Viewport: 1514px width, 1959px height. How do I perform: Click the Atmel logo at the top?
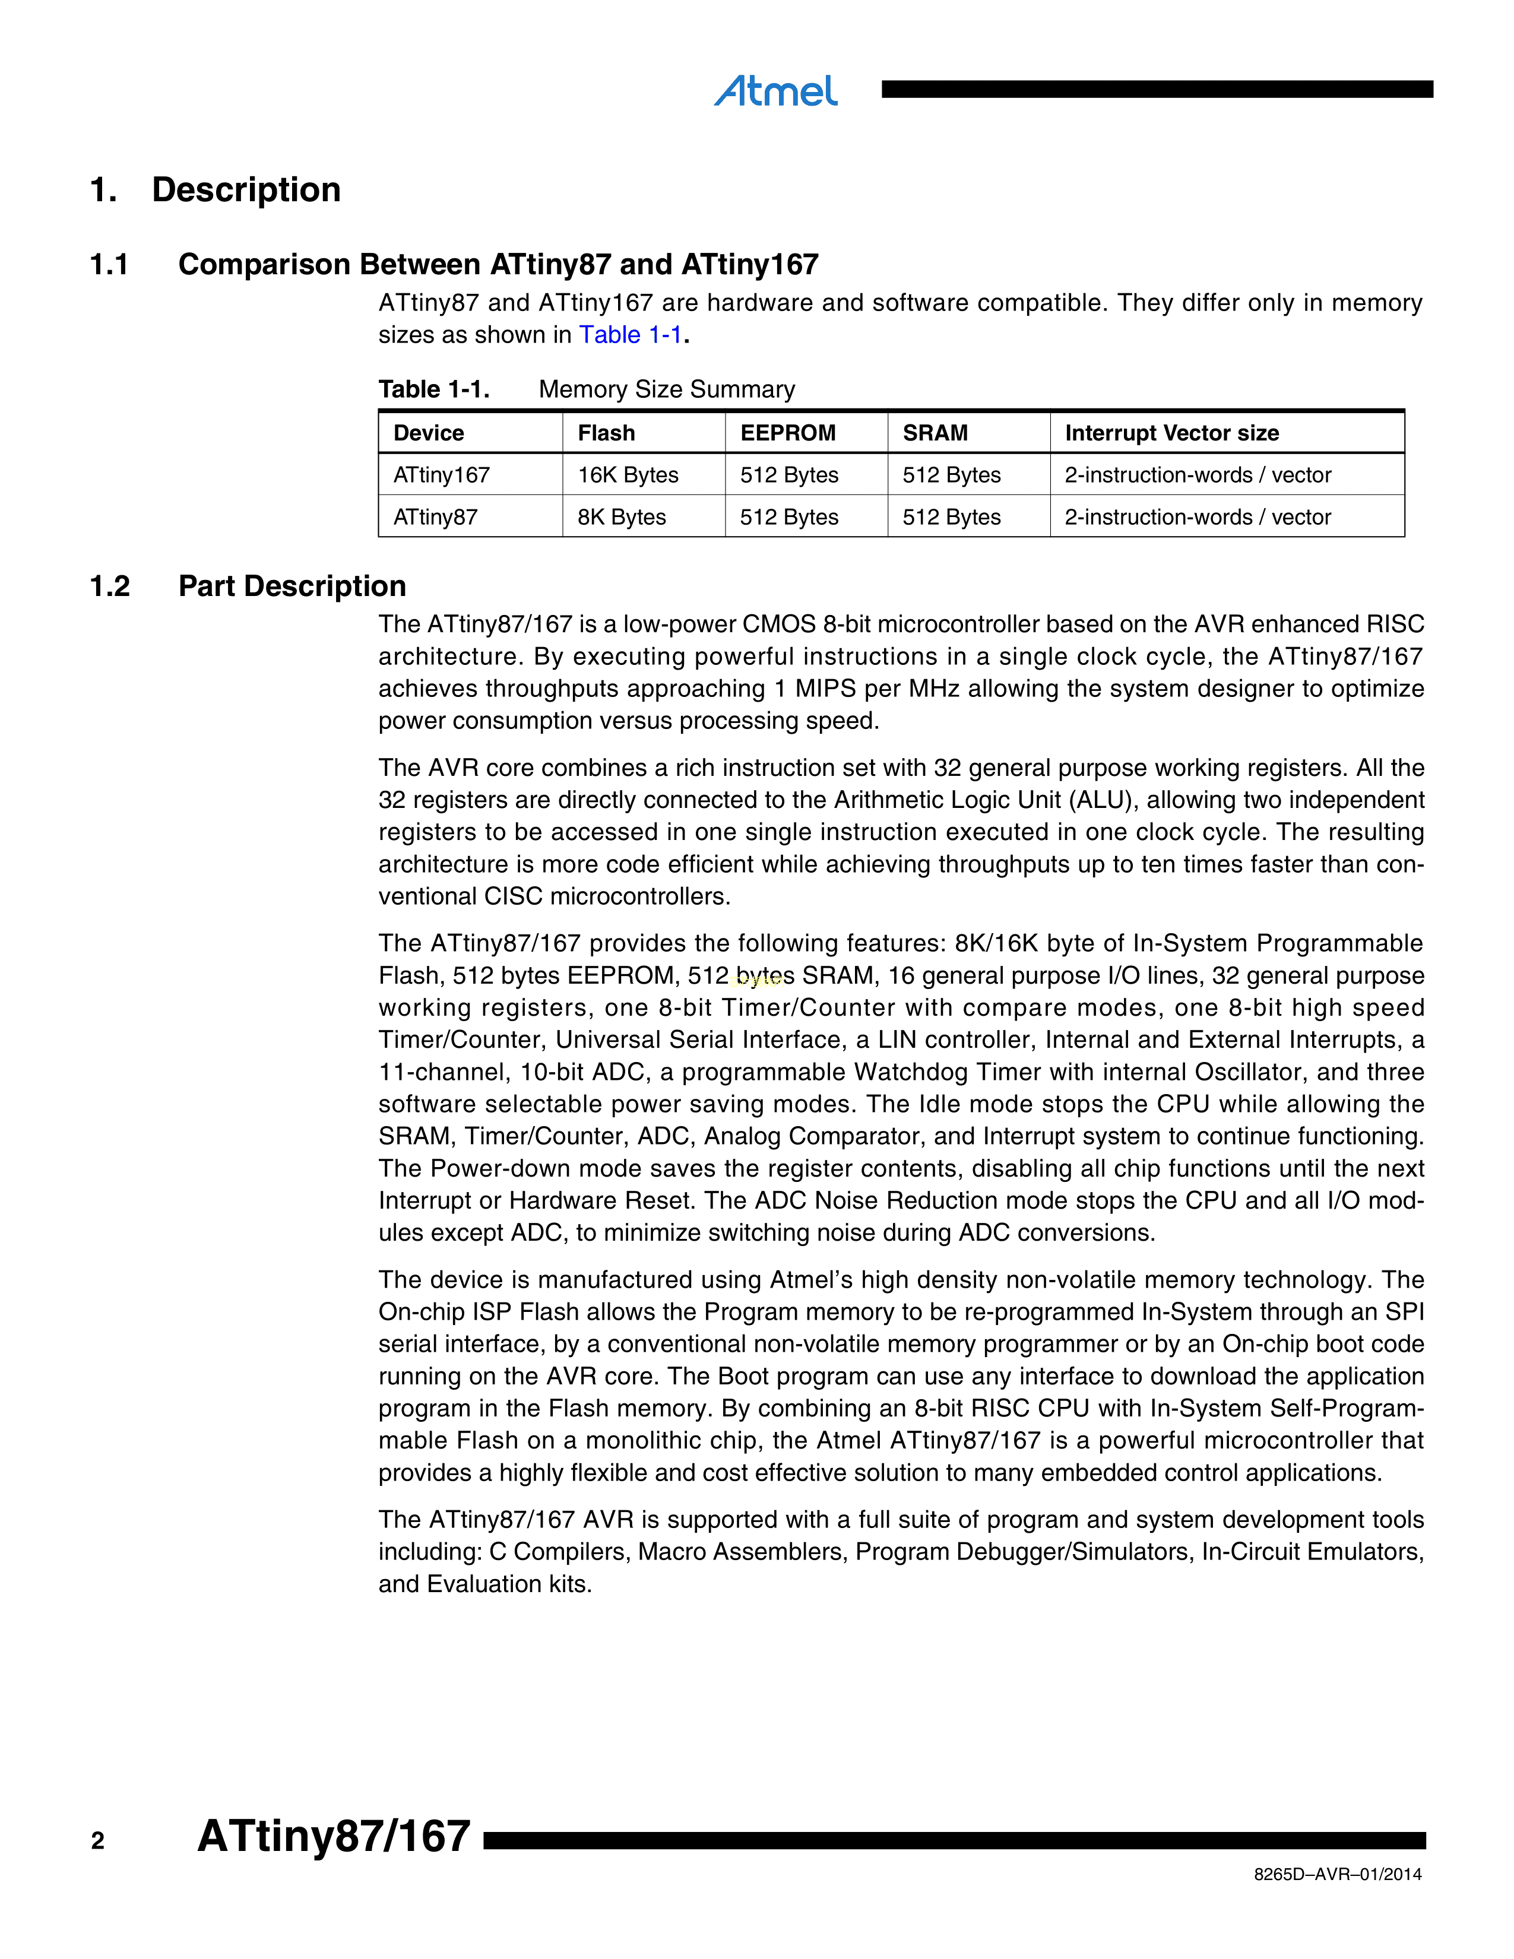[776, 91]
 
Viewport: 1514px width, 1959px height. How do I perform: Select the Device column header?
[429, 433]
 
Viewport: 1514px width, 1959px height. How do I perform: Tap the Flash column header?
[606, 433]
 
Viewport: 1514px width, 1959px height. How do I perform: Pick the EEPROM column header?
[787, 433]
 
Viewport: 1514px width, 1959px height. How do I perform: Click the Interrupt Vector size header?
[1171, 433]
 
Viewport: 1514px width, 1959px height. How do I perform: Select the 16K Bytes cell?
[628, 476]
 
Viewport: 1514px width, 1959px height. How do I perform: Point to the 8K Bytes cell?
[622, 518]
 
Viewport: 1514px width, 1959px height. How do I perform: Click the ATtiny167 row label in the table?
[441, 476]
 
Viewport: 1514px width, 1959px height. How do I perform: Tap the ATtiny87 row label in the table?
[435, 518]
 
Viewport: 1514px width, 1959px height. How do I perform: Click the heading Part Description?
[292, 587]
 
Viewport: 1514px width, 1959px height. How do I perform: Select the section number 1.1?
[109, 265]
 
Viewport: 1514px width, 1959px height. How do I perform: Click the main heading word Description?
[246, 189]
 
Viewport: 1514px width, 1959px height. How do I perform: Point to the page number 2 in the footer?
[98, 1841]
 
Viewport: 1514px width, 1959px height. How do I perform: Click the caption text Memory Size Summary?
[666, 389]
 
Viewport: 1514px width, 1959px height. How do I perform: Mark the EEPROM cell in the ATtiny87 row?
[788, 518]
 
